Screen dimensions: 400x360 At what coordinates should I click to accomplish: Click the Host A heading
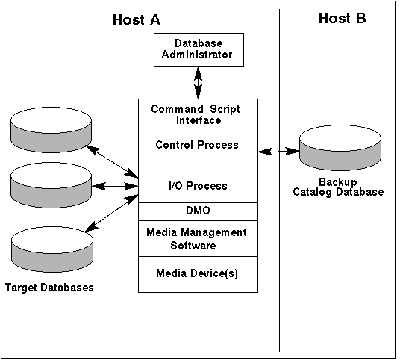click(137, 19)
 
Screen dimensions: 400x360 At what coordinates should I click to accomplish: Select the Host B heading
click(342, 19)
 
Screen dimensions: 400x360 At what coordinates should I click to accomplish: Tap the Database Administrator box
click(199, 50)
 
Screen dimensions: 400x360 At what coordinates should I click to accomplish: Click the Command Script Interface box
click(198, 115)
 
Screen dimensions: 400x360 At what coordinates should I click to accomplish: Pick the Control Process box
click(198, 149)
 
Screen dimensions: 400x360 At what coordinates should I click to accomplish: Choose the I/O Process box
click(198, 185)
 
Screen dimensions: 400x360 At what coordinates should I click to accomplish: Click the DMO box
click(198, 211)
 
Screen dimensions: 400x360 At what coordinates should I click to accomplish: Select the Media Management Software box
click(198, 238)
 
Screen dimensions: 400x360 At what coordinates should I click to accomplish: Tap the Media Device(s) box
click(198, 274)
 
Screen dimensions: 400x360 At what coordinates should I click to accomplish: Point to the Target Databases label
click(49, 288)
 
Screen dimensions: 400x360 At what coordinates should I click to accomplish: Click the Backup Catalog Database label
click(338, 187)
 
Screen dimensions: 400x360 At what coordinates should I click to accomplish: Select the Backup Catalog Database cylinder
click(340, 148)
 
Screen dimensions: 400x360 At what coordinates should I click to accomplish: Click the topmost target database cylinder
click(51, 130)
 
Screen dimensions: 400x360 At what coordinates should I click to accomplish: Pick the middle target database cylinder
click(51, 185)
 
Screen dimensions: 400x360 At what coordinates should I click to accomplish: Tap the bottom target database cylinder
click(52, 249)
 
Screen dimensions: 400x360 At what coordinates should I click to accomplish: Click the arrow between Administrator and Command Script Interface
click(199, 83)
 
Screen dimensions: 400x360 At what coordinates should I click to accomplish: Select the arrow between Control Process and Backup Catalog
click(278, 152)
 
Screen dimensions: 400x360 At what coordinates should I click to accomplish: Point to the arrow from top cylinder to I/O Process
click(112, 161)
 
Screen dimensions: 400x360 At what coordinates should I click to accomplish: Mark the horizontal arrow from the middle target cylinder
click(115, 186)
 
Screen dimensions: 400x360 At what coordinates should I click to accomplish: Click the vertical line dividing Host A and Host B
click(279, 180)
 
